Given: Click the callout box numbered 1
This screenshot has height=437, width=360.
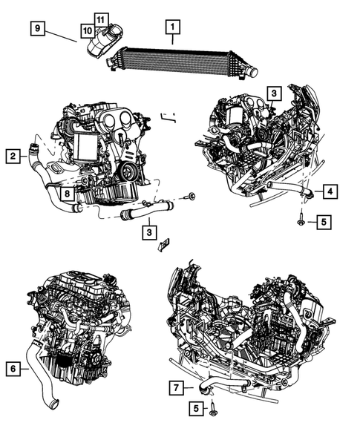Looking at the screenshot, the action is click(173, 27).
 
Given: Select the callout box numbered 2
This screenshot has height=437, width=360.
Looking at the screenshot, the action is click(13, 156).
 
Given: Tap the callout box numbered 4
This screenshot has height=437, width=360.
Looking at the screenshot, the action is click(330, 191).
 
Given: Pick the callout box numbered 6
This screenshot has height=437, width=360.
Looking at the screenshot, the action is click(13, 369).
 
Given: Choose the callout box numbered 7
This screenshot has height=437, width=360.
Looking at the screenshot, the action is click(176, 388).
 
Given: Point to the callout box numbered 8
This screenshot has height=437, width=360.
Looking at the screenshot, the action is click(68, 193).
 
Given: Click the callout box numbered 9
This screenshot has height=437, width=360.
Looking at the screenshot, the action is click(38, 28).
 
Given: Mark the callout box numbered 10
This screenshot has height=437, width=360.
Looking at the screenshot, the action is click(88, 30).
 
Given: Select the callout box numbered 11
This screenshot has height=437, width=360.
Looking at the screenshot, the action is click(101, 20).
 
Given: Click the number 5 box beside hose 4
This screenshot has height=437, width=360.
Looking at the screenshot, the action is click(324, 222).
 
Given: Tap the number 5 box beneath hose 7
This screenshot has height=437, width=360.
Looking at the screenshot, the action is click(196, 409).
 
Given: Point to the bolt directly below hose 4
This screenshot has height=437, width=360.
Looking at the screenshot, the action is click(301, 220).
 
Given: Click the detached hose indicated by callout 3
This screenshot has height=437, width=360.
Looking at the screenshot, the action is click(147, 211).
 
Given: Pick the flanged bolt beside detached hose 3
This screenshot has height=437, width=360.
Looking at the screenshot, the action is click(190, 196).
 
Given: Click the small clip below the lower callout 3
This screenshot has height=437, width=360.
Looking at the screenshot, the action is click(164, 244).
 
